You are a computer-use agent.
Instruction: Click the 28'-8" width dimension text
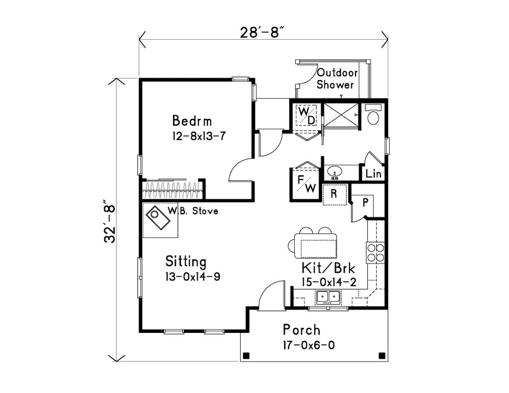[x=262, y=33]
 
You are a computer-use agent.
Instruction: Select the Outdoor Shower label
[x=336, y=79]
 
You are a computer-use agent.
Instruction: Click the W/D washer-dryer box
[x=306, y=116]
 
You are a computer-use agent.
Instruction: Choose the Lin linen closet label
[x=373, y=174]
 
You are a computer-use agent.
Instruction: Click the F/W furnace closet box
[x=305, y=184]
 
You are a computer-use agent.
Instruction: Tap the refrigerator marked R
[x=335, y=194]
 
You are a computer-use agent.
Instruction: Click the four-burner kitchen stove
[x=375, y=253]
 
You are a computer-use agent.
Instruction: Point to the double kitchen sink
[x=328, y=297]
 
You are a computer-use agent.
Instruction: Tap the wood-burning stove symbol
[x=159, y=218]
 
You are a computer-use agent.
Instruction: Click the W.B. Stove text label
[x=192, y=211]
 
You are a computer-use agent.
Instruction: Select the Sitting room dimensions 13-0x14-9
[x=193, y=277]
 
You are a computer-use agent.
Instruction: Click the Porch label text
[x=301, y=330]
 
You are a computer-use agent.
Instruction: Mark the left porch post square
[x=246, y=355]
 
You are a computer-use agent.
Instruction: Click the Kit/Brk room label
[x=328, y=269]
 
